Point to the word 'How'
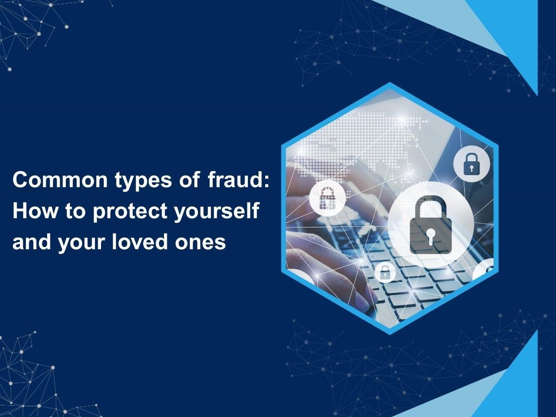(35, 211)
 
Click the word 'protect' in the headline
(130, 212)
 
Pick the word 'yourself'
(217, 212)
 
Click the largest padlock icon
(430, 225)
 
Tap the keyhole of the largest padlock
(430, 236)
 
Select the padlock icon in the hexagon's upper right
(471, 164)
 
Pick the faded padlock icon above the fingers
(327, 198)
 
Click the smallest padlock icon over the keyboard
(385, 272)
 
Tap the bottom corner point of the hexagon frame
(390, 335)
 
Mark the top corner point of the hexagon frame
(390, 83)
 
